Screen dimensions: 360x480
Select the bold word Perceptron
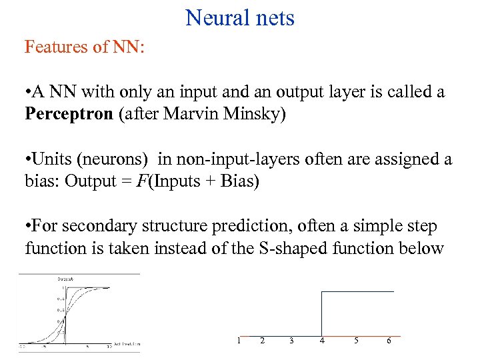point(69,114)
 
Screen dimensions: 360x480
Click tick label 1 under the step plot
point(238,341)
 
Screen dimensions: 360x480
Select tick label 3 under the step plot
point(291,341)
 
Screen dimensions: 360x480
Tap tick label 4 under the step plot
point(322,341)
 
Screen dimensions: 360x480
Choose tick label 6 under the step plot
point(389,341)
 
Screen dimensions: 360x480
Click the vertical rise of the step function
point(322,313)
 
